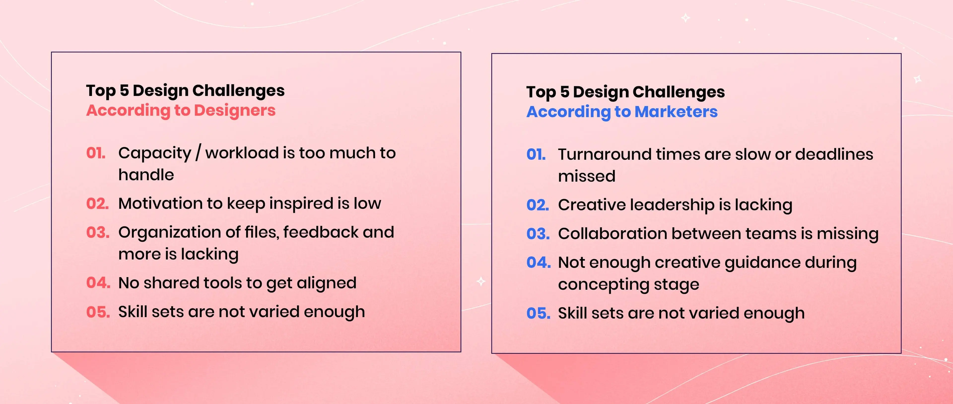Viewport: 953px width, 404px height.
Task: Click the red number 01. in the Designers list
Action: (96, 153)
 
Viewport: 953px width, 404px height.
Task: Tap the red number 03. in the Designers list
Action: (98, 232)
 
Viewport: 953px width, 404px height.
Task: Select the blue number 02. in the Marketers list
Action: (538, 205)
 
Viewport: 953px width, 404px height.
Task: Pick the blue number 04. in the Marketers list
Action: (539, 262)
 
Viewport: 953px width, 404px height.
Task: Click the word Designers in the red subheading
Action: (235, 111)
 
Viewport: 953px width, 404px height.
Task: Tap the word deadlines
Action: (834, 155)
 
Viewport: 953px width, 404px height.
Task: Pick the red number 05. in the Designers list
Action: (98, 312)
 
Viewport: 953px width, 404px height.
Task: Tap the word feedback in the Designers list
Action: (321, 232)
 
